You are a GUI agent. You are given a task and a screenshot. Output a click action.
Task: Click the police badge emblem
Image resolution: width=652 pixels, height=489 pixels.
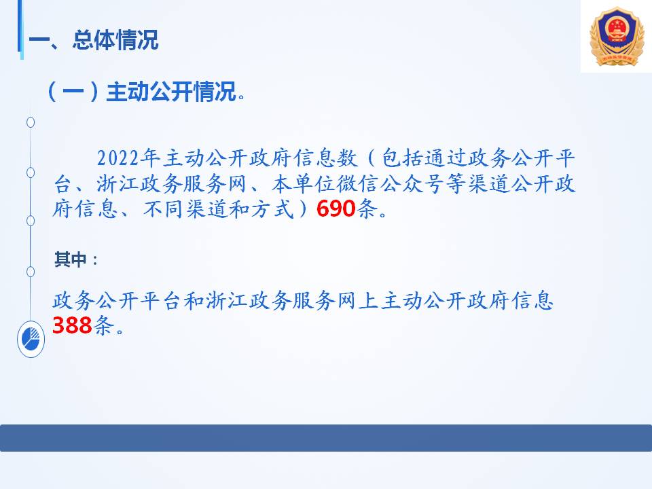pos(617,37)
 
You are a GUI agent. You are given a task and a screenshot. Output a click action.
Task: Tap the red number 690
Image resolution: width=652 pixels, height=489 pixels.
pos(336,209)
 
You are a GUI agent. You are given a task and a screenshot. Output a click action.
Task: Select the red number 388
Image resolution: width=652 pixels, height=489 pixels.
pos(72,325)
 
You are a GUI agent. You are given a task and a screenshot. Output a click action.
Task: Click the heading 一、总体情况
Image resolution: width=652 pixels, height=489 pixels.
pos(94,40)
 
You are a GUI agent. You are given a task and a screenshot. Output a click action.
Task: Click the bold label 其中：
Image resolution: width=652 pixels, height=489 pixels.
pos(76,259)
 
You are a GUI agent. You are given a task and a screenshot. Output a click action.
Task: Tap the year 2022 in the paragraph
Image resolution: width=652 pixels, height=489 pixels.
pos(117,158)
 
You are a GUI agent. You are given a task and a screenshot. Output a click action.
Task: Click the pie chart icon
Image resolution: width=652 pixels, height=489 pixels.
pos(31,339)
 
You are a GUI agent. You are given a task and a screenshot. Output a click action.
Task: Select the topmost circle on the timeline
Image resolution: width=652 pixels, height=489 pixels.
pos(31,122)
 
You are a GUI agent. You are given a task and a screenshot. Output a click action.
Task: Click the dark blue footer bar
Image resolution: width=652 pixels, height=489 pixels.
pos(326,438)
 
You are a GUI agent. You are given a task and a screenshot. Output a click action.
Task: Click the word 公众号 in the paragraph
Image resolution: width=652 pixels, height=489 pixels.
pos(412,183)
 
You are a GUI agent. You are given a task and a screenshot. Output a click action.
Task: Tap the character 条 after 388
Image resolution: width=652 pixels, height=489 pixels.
pos(103,325)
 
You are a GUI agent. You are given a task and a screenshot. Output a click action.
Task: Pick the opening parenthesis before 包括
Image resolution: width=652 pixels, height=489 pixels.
pos(372,158)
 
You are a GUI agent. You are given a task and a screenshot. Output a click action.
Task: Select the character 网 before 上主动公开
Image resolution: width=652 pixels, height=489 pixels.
pos(346,300)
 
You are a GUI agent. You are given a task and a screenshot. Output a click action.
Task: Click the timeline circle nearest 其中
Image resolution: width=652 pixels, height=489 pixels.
pos(31,272)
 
